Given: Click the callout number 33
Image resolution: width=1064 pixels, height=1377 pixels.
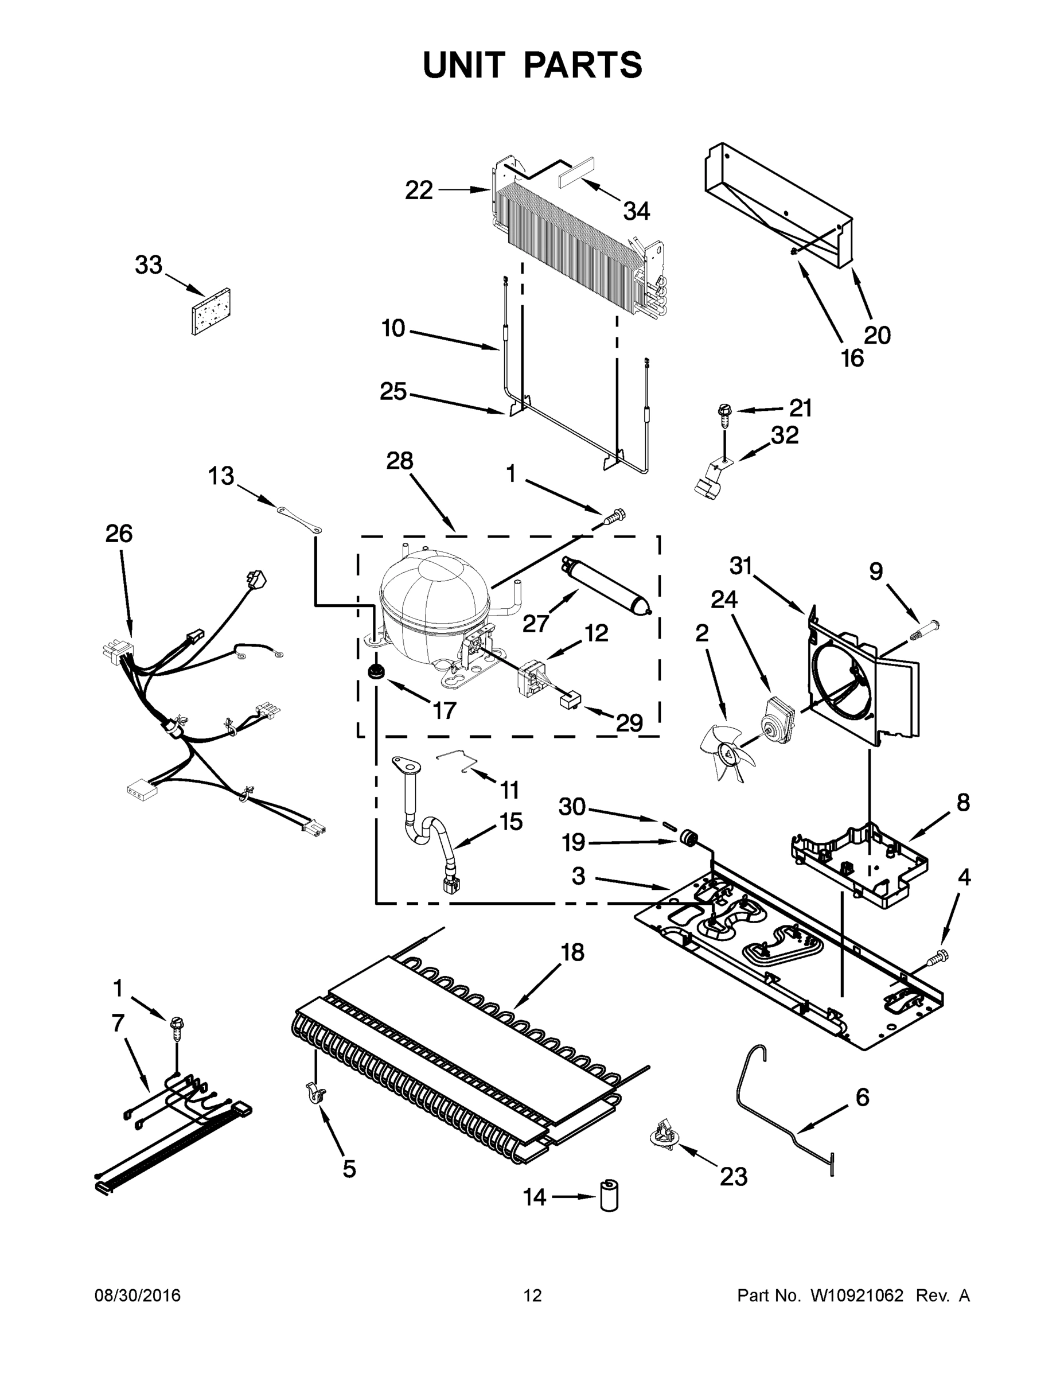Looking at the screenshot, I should coord(149,266).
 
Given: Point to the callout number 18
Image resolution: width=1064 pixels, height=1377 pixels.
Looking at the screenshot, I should coord(572,952).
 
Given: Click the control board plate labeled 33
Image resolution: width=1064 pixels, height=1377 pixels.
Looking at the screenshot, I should coord(210,312).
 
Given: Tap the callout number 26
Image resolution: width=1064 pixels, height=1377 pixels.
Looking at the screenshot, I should coord(119,534).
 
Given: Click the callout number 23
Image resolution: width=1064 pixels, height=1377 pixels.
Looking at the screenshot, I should coord(733,1177).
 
